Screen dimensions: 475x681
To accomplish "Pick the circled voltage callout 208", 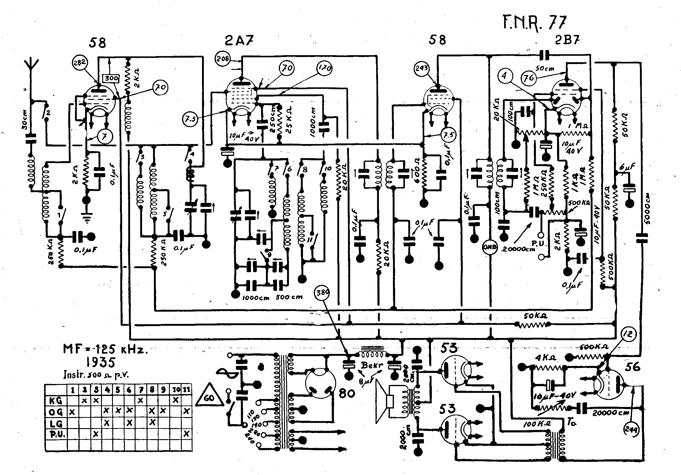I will [x=223, y=58].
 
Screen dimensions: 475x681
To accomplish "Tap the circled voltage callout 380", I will [x=322, y=293].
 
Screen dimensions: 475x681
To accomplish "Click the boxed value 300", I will [x=111, y=78].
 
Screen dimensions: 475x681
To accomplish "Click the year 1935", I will [x=100, y=363].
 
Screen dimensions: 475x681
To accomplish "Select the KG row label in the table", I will [x=56, y=401].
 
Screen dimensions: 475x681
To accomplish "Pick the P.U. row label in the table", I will [x=56, y=434].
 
